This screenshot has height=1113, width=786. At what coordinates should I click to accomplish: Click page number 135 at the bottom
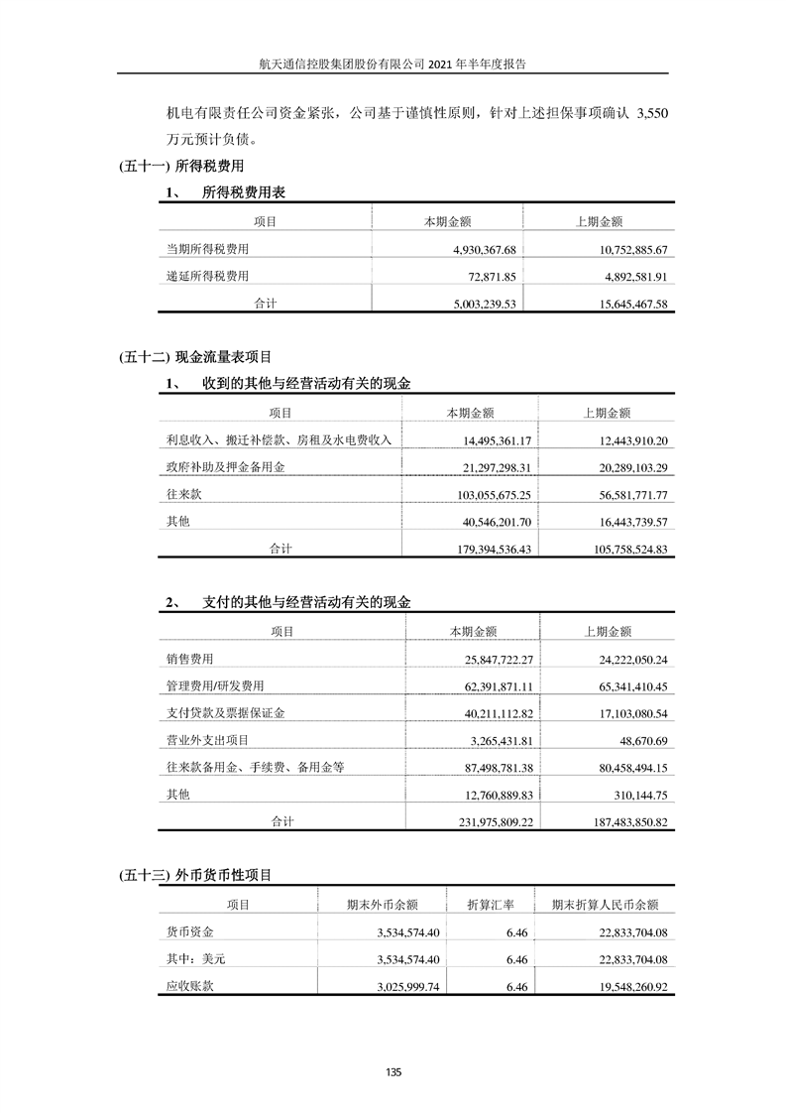(393, 1072)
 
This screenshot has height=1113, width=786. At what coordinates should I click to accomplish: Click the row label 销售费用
(190, 659)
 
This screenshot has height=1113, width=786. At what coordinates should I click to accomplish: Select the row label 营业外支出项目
(208, 740)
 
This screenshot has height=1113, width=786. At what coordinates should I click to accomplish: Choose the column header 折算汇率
(491, 905)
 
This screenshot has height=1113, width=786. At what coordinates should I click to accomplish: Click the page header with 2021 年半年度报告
(393, 62)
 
